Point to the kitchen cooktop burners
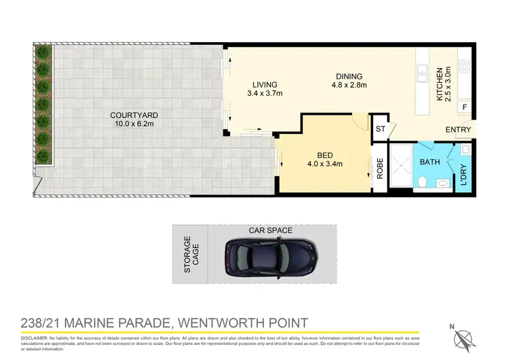[466, 67]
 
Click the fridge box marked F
[464, 107]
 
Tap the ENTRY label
[457, 129]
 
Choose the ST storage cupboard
[380, 128]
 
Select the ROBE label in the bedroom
[380, 168]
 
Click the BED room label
[324, 154]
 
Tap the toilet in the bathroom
[421, 181]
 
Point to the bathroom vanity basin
[442, 182]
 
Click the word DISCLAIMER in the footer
[24, 338]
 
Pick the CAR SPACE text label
[271, 230]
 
